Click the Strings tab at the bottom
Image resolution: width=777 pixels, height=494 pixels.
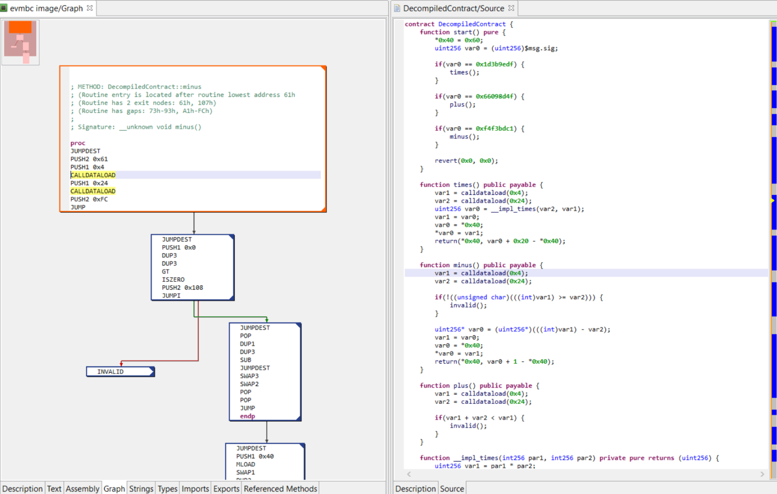click(x=141, y=489)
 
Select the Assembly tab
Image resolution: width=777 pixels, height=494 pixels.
click(x=83, y=489)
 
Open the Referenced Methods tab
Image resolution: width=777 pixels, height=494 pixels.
click(x=280, y=489)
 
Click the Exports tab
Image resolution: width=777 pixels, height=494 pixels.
click(x=226, y=489)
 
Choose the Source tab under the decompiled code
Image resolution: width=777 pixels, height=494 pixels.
click(x=452, y=489)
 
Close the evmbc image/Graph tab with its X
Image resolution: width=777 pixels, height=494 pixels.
click(x=90, y=8)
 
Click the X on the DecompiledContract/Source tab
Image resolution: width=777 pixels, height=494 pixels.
click(x=511, y=8)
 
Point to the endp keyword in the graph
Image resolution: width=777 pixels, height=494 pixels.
click(x=247, y=416)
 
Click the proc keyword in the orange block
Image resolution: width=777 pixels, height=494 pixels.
click(x=78, y=143)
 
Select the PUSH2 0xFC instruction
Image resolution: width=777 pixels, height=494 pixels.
click(x=89, y=199)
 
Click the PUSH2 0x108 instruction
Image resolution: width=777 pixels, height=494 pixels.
click(x=182, y=288)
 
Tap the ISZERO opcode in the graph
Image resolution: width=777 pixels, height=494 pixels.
click(x=173, y=279)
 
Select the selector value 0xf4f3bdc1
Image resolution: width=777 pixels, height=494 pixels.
click(x=494, y=129)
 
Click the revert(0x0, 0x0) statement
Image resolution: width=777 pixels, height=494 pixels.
click(x=466, y=161)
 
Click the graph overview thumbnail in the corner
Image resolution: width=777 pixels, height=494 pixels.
click(x=21, y=43)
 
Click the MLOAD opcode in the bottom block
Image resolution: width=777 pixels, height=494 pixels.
click(x=246, y=464)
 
